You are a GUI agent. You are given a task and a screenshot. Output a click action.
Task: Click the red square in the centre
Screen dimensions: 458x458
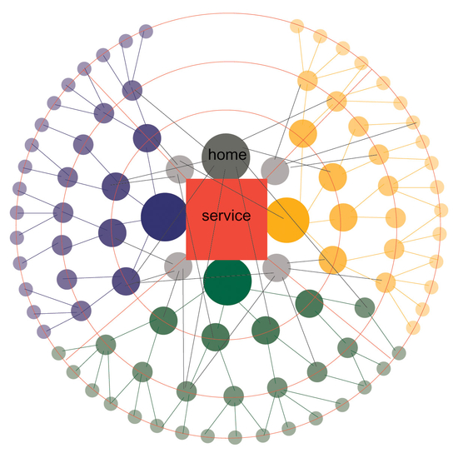227,219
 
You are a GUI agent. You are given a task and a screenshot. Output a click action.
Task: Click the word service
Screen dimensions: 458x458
227,216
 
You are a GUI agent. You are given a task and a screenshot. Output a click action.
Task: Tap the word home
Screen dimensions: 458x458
227,155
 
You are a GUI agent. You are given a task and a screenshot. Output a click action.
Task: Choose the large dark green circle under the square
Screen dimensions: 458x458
227,281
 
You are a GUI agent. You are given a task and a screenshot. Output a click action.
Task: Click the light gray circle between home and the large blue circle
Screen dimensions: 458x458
180,169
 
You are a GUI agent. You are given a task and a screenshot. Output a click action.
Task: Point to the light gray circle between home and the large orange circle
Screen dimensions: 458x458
275,171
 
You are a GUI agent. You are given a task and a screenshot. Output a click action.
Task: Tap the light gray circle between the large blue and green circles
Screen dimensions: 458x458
178,266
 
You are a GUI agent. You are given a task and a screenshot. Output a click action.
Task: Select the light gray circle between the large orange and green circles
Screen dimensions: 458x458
276,267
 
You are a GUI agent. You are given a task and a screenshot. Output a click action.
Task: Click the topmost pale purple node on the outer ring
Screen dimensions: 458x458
146,32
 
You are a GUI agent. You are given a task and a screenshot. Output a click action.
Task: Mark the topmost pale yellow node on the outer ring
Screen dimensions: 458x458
297,27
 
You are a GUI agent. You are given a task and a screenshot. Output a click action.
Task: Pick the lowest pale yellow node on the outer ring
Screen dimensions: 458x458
413,328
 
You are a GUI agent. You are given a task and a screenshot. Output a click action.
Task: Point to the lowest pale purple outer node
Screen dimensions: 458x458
44,331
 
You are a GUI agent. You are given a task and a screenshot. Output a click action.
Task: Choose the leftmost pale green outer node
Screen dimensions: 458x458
59,353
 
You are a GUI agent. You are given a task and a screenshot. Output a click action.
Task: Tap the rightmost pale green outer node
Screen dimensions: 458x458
399,353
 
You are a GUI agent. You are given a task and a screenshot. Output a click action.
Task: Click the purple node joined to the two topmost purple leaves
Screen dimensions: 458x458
132,91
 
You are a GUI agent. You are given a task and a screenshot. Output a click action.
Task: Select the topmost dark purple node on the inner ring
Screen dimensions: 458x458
147,138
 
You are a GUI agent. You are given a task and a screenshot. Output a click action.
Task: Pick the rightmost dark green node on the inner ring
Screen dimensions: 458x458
309,304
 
